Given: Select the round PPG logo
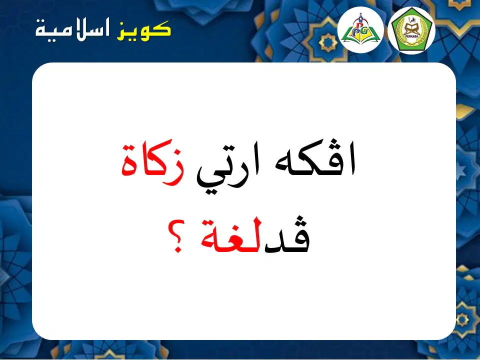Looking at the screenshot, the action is [360, 29].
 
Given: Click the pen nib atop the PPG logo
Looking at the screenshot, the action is [360, 15].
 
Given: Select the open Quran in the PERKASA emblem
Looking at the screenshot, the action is [411, 30].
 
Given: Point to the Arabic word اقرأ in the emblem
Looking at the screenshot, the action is [411, 21].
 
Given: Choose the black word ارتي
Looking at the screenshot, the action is [228, 168].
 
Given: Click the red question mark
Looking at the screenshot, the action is [177, 235].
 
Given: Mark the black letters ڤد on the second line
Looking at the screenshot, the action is [286, 235].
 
